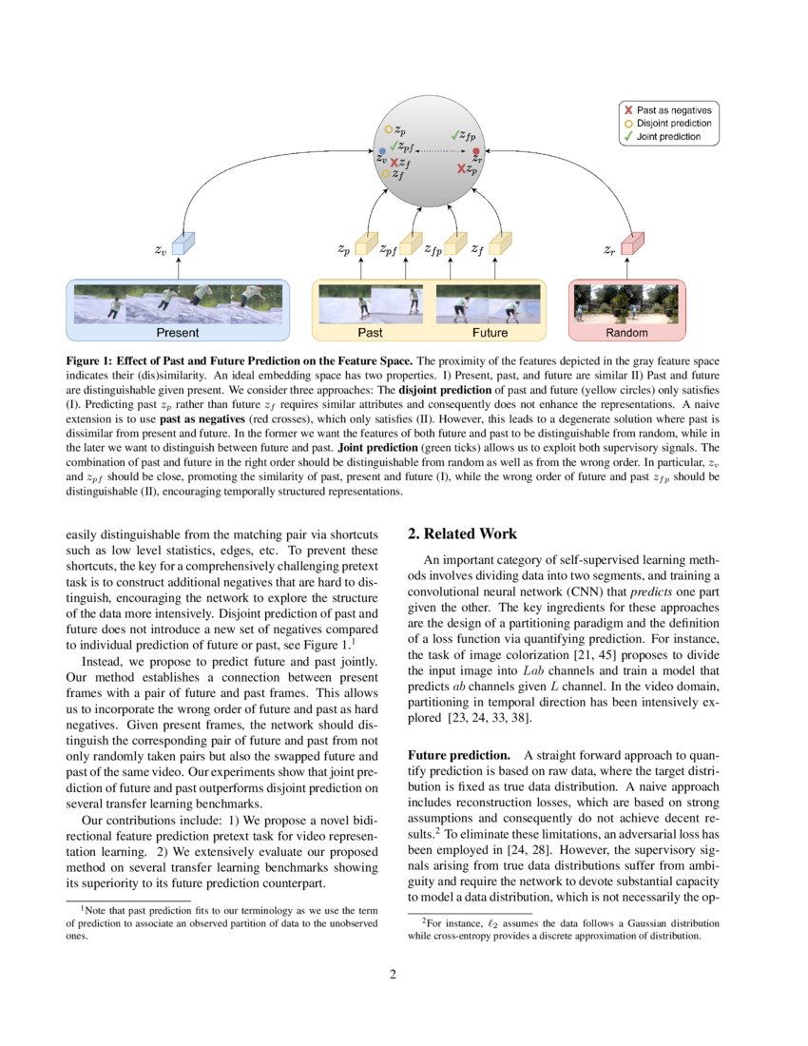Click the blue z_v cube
point(182,246)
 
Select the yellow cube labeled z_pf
point(411,246)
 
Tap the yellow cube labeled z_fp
point(455,246)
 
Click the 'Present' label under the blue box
point(178,333)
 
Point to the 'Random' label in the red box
point(626,333)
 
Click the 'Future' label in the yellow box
point(490,333)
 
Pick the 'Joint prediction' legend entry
point(669,137)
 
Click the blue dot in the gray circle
point(382,151)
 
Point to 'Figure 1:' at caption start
point(93,361)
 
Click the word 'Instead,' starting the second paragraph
point(106,662)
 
